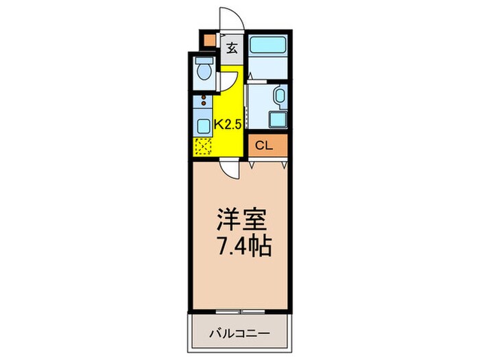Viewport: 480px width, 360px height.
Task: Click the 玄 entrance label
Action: (232, 48)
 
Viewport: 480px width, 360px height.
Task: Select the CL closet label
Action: (265, 145)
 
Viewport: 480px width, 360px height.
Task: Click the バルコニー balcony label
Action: (239, 334)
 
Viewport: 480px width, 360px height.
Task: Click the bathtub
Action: (268, 45)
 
